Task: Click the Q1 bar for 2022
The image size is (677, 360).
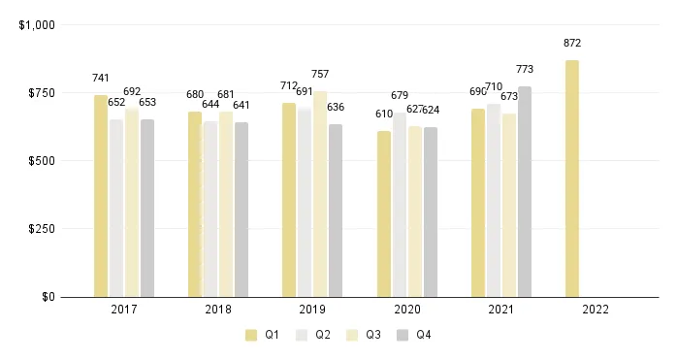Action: [572, 179]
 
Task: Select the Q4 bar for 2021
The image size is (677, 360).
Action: [525, 191]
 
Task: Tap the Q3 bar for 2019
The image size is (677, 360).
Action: [320, 194]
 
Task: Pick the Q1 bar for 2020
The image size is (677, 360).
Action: [384, 213]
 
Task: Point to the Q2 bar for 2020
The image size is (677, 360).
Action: [400, 205]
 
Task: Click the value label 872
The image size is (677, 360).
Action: [572, 44]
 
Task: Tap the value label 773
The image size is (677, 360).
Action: [525, 70]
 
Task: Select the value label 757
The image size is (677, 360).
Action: [320, 74]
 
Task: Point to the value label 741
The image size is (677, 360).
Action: [101, 78]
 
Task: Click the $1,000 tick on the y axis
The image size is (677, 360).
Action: [37, 25]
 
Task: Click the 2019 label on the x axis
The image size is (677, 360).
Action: [312, 310]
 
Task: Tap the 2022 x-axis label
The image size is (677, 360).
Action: [595, 310]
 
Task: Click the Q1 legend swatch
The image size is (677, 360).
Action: [251, 336]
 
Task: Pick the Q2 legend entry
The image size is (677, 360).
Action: [314, 336]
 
